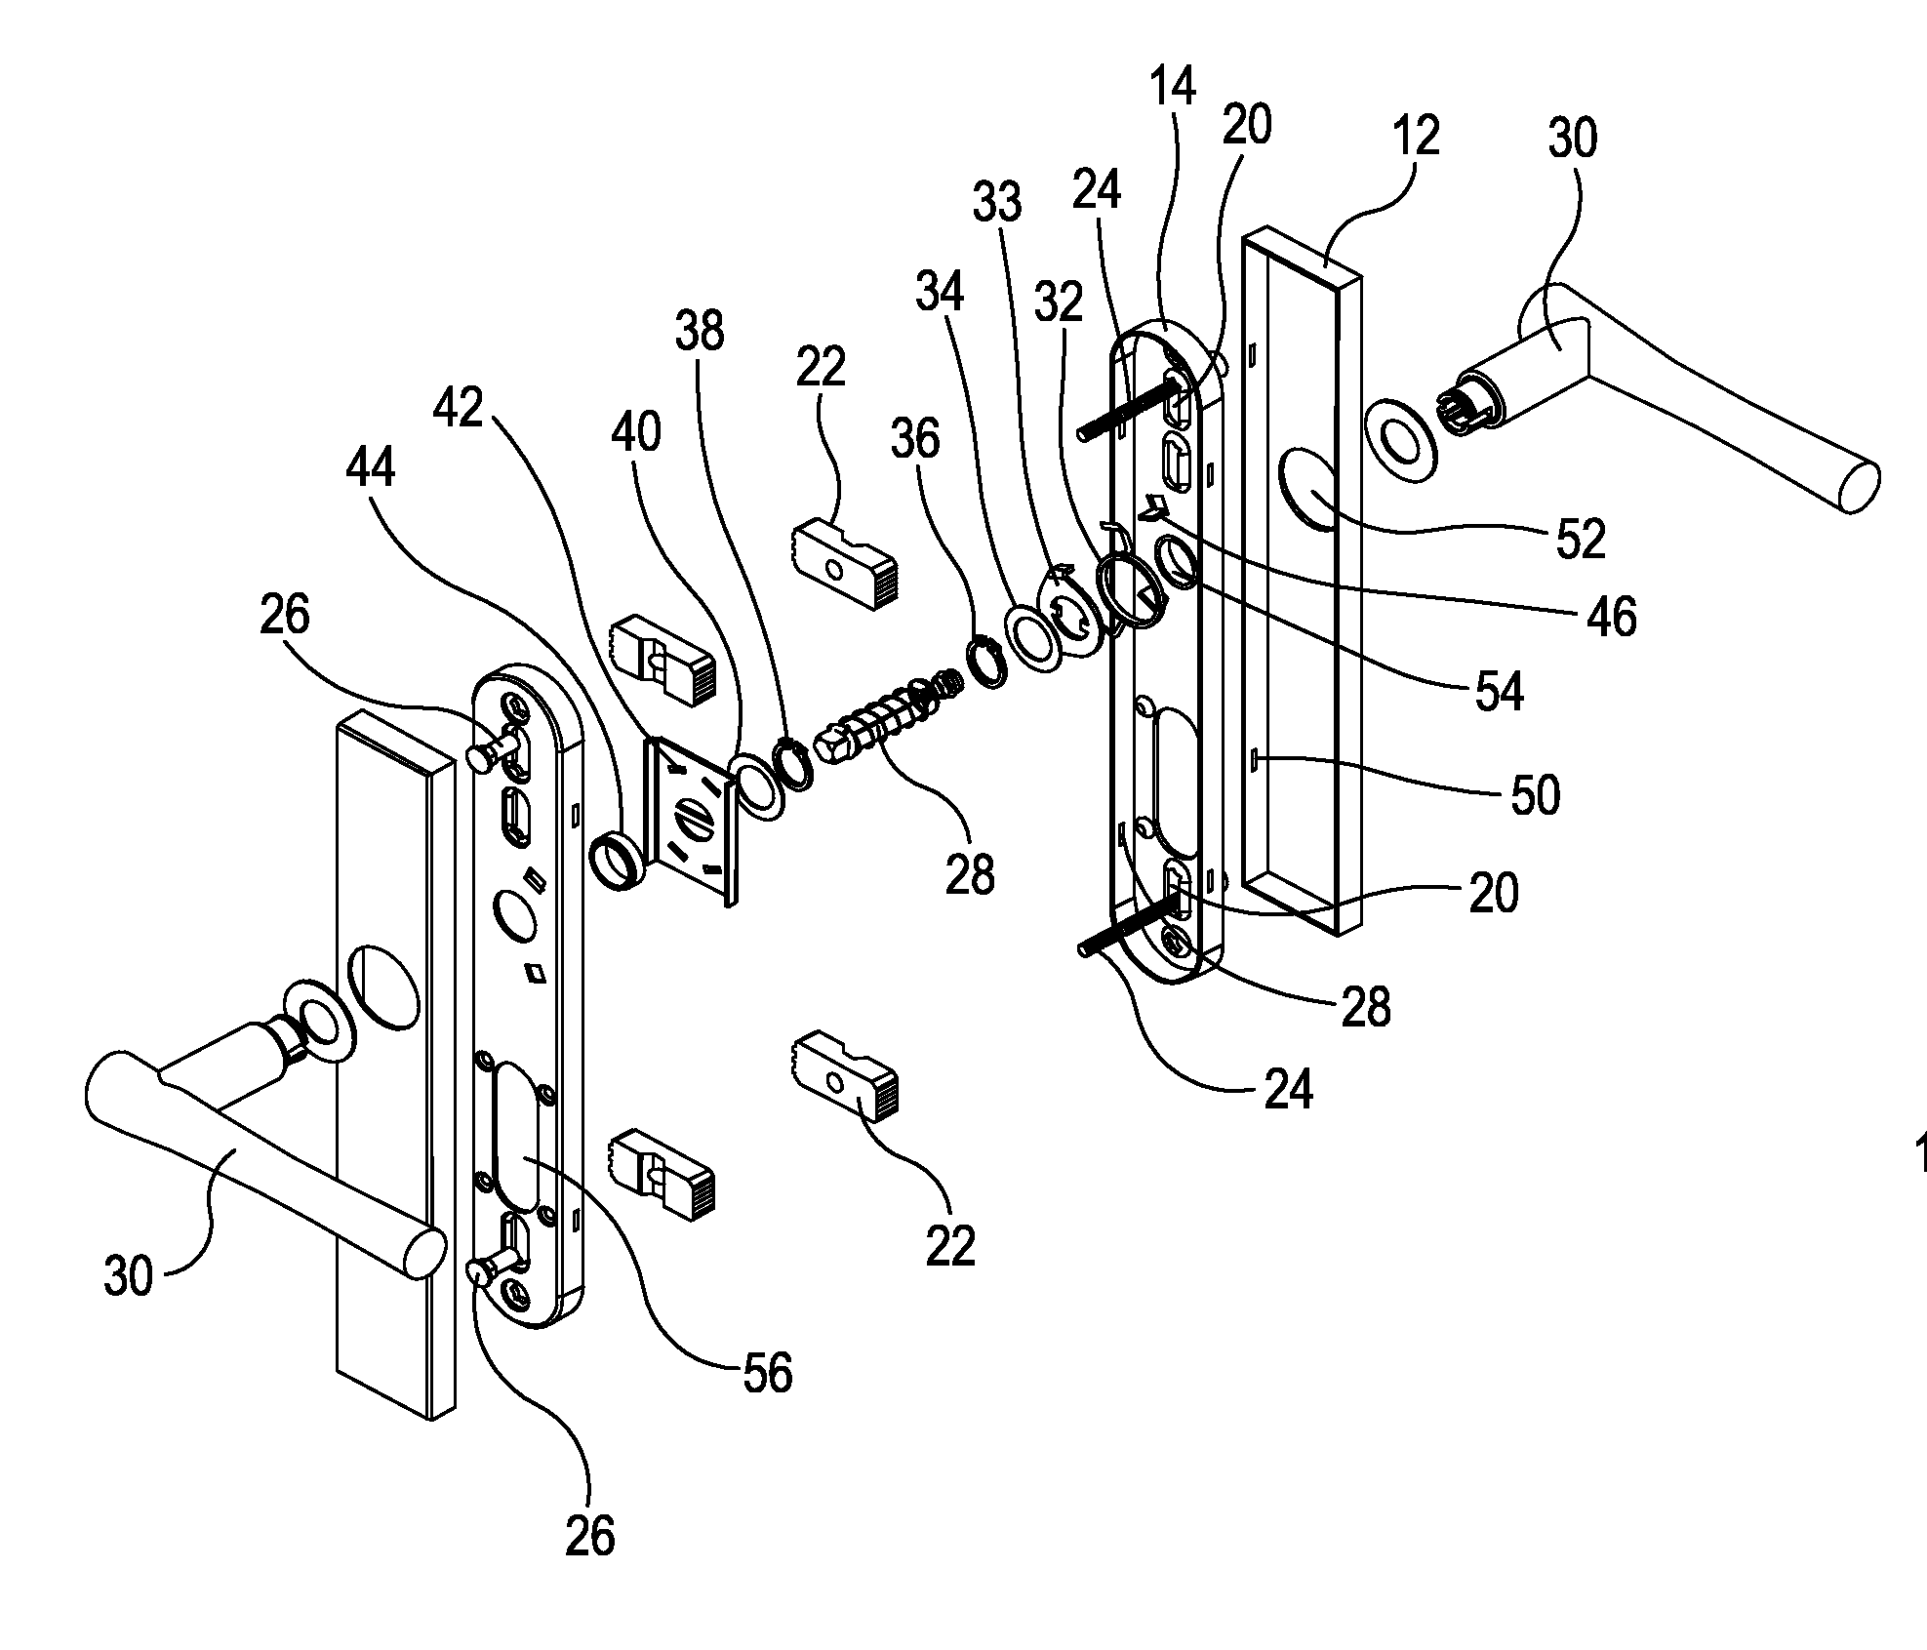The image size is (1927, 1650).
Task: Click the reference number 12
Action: click(1416, 136)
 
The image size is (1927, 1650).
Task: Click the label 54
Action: click(1498, 692)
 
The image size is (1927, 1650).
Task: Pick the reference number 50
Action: click(1535, 795)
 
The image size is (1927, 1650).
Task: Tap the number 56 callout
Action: click(767, 1373)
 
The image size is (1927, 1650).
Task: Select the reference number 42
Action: click(459, 406)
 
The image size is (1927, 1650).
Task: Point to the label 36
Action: click(914, 439)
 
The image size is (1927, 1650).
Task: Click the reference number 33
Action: click(997, 202)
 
